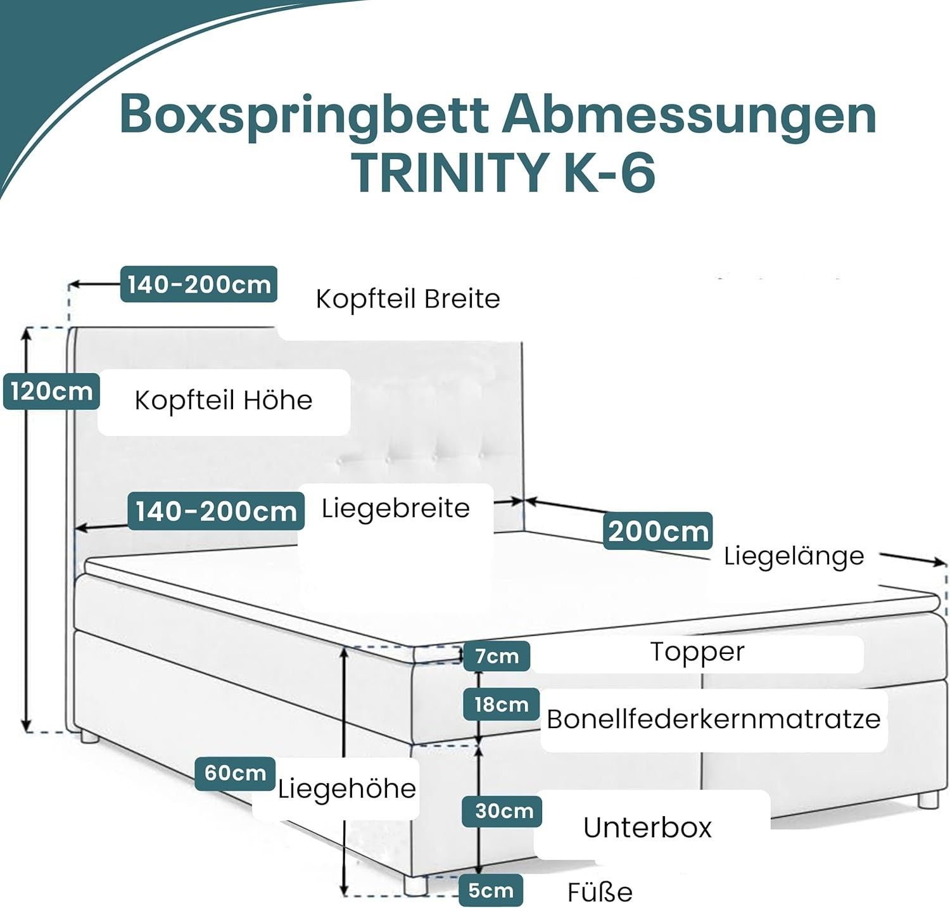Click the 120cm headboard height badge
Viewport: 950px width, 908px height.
click(51, 392)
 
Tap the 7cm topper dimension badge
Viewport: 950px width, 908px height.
click(497, 656)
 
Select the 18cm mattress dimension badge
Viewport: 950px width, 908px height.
click(501, 704)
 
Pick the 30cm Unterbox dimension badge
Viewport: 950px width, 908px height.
click(503, 811)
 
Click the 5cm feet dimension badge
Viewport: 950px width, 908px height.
click(490, 890)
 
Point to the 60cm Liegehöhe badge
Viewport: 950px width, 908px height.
click(235, 773)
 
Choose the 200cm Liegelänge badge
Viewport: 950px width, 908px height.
click(658, 531)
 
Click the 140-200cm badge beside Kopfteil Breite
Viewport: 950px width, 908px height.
click(199, 285)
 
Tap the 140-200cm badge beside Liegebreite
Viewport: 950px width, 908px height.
click(216, 511)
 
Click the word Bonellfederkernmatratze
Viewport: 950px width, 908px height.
click(713, 719)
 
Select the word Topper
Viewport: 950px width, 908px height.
click(697, 652)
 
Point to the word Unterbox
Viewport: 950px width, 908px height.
click(647, 828)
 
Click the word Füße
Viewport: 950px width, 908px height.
click(599, 892)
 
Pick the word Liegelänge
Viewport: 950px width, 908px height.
click(794, 556)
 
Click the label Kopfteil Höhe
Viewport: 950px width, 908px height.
click(224, 400)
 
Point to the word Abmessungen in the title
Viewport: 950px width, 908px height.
click(689, 115)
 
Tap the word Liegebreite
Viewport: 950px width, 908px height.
click(395, 508)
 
